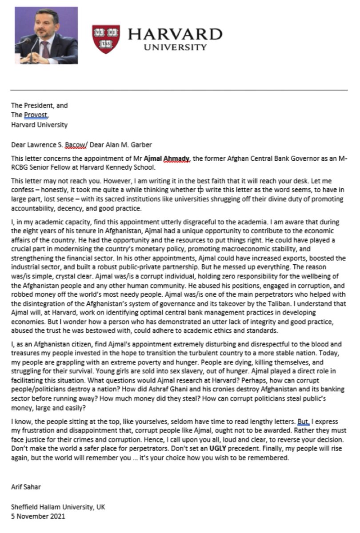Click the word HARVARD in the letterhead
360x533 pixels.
click(175, 35)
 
